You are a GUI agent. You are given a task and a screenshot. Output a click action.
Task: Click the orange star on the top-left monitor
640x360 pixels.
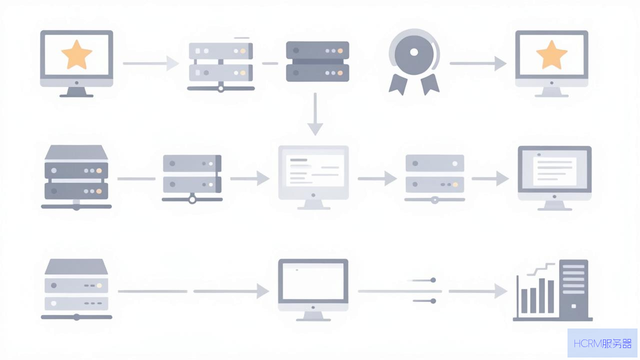click(76, 55)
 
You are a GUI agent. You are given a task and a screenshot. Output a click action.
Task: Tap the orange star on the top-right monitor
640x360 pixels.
click(551, 55)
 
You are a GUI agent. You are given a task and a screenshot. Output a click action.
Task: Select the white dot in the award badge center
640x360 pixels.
click(414, 52)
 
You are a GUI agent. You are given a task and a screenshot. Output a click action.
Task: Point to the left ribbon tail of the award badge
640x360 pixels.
click(398, 84)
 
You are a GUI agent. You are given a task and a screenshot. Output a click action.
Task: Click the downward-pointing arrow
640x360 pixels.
click(315, 114)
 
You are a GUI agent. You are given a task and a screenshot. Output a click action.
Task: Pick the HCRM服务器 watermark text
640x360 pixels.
click(602, 343)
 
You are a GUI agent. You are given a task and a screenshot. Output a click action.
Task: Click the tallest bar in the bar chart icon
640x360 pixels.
click(541, 295)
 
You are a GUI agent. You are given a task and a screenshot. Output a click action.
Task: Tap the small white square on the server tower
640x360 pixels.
click(573, 306)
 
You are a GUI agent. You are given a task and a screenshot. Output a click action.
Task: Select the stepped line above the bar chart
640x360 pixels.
click(540, 269)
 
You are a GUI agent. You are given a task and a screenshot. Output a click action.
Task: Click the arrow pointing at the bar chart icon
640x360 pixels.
click(477, 291)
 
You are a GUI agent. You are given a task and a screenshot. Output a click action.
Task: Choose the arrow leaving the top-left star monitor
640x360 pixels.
click(151, 63)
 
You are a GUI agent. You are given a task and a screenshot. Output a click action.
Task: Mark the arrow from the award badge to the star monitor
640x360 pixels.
click(478, 63)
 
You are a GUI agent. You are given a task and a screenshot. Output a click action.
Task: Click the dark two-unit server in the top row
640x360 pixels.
click(317, 61)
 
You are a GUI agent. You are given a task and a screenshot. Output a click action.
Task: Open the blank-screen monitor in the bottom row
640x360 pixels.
click(313, 289)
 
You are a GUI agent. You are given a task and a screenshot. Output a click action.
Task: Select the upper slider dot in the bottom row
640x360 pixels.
click(433, 280)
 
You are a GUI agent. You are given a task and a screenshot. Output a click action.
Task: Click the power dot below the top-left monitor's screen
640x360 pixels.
click(76, 83)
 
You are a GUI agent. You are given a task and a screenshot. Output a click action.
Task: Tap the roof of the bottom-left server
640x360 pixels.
click(76, 266)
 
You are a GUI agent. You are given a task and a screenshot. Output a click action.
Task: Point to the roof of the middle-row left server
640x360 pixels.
click(76, 152)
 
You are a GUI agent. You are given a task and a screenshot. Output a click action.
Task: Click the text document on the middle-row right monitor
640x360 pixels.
click(554, 171)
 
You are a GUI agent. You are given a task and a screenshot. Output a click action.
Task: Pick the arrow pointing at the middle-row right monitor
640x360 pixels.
click(490, 178)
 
